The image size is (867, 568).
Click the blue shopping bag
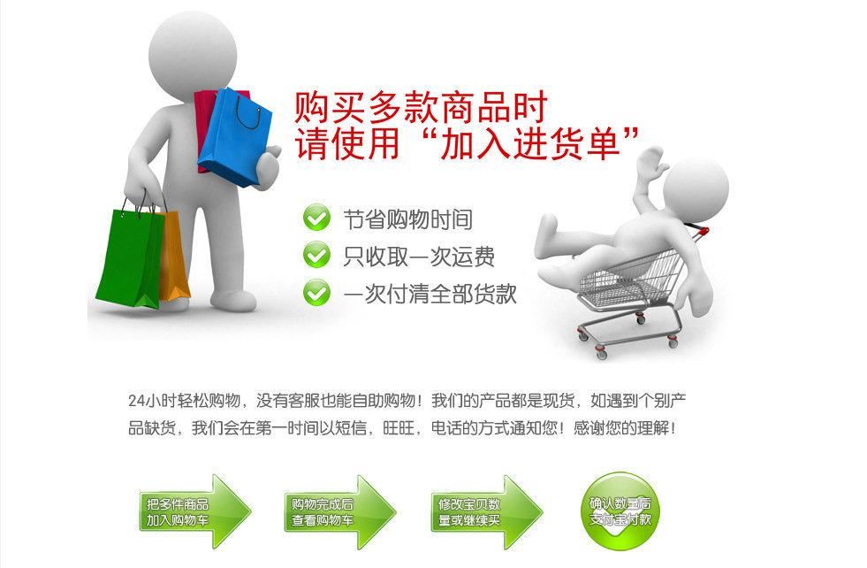click(x=235, y=137)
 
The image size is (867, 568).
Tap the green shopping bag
click(x=130, y=257)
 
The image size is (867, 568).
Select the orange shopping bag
click(x=173, y=256)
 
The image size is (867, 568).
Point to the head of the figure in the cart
click(x=696, y=188)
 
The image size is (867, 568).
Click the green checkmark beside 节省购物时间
click(x=316, y=219)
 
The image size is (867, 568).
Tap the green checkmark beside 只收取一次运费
click(x=316, y=255)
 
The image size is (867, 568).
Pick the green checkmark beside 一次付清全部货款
click(x=316, y=292)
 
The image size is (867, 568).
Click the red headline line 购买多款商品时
click(x=420, y=107)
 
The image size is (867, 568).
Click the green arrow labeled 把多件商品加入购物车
click(x=194, y=511)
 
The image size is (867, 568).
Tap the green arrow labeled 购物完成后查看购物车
click(x=340, y=511)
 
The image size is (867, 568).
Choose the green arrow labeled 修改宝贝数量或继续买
click(x=487, y=511)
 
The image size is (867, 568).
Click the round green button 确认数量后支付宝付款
click(x=620, y=511)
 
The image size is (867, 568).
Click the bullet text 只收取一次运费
click(x=419, y=257)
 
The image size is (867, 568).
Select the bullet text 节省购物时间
click(x=407, y=219)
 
